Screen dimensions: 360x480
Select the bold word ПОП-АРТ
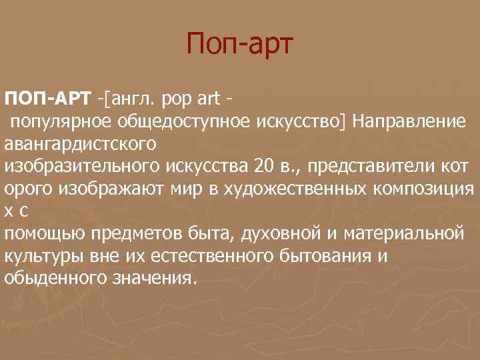coord(47,101)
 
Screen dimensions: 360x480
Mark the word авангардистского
coord(80,143)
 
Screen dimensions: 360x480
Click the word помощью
coord(43,235)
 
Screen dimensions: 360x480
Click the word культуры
coord(41,257)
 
